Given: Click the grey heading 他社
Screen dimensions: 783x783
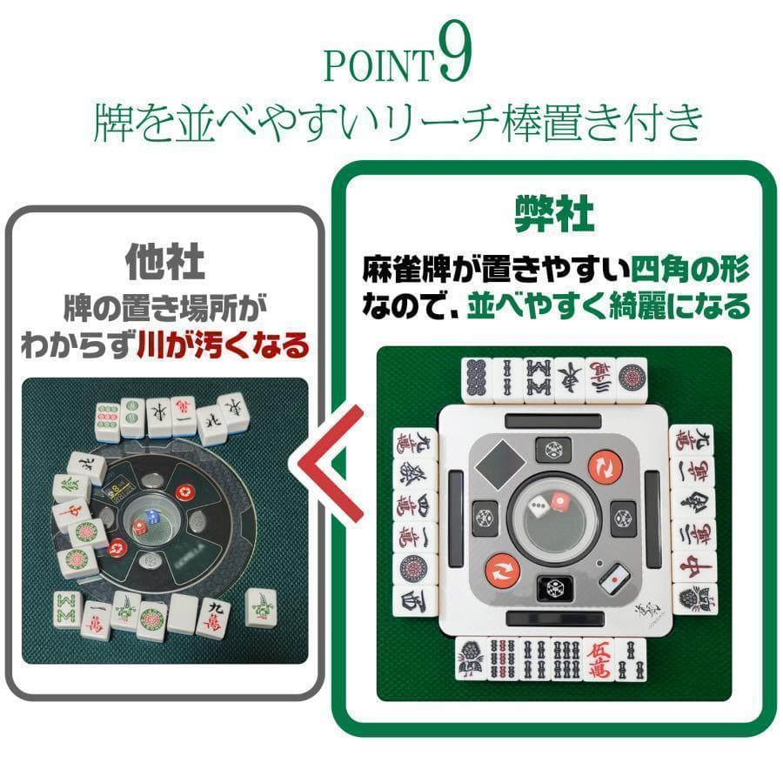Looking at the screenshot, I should [165, 262].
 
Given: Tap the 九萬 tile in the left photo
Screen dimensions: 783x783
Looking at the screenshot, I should [214, 615].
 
